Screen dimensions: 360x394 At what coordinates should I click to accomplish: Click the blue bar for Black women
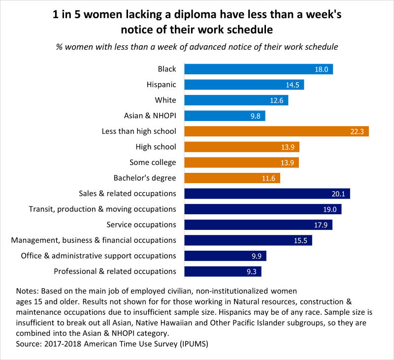(x=258, y=69)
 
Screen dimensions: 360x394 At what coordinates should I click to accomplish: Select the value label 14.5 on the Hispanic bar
(x=293, y=85)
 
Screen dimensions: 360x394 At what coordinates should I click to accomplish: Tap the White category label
(x=165, y=100)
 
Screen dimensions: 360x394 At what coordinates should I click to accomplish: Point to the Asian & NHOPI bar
(x=225, y=116)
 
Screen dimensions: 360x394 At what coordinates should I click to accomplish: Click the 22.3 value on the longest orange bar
(x=357, y=131)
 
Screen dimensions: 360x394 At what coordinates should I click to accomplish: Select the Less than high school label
(x=139, y=131)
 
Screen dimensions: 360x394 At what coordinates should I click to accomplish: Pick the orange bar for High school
(x=241, y=147)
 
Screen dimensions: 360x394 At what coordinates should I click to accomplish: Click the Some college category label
(x=153, y=162)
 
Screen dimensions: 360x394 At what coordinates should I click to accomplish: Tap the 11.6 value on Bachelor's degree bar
(x=269, y=178)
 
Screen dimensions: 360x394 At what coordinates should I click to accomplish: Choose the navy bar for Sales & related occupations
(x=266, y=194)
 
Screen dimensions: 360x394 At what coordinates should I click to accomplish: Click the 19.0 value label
(x=330, y=209)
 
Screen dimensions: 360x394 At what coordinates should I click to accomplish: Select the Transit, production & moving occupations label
(x=102, y=209)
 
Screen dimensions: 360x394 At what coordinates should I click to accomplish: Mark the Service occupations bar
(x=258, y=225)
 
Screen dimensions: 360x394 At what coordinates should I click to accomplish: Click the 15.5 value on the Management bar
(x=300, y=240)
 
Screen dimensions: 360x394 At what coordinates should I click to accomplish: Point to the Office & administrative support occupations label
(x=98, y=256)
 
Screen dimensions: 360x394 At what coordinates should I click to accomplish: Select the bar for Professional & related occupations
(x=223, y=271)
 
